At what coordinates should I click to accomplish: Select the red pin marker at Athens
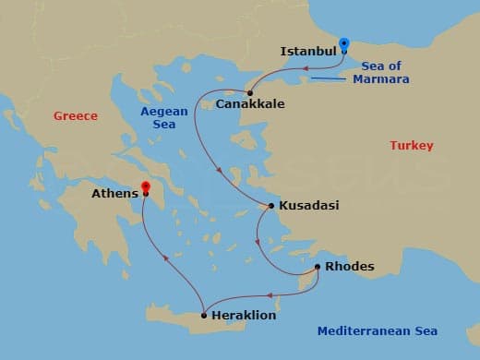point(145,190)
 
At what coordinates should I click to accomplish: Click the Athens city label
point(114,194)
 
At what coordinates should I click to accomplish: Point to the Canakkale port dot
point(250,92)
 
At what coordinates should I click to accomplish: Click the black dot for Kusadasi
point(270,206)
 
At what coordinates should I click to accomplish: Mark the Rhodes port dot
point(318,267)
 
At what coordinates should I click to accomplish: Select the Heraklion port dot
point(203,315)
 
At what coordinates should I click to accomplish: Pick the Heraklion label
point(245,316)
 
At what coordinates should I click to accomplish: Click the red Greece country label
point(76,116)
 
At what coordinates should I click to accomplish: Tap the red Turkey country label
point(411,146)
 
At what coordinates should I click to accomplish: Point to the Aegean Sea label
point(163,118)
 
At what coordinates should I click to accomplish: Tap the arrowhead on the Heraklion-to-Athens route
point(165,259)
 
